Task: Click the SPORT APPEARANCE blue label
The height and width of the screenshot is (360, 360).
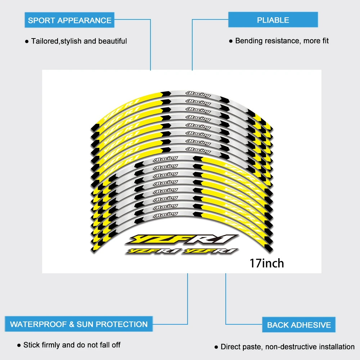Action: point(69,20)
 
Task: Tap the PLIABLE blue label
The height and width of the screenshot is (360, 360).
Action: point(273,20)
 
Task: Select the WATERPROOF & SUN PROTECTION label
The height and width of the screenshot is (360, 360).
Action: point(78,324)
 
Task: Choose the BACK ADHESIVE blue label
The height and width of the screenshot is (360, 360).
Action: point(299,325)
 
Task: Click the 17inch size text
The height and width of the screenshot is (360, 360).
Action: point(267,263)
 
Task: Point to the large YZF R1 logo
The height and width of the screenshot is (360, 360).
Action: point(183,239)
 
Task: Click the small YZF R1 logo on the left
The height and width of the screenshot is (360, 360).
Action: point(152,251)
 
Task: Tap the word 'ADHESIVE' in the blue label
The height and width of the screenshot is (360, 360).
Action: point(310,325)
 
